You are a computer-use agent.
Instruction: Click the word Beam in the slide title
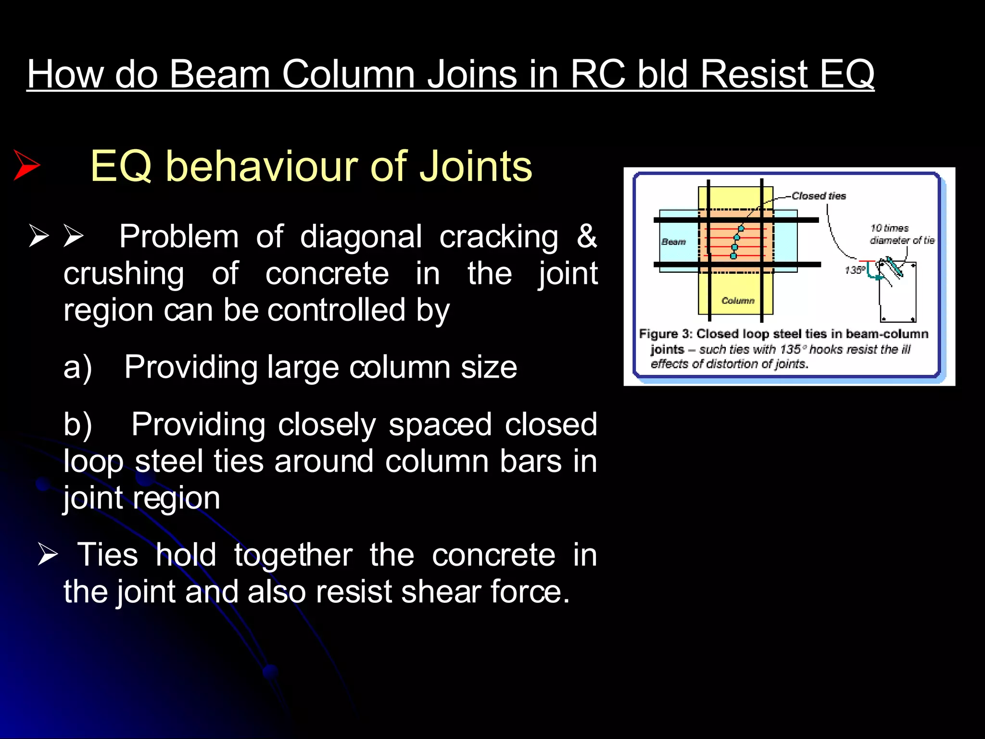click(x=219, y=75)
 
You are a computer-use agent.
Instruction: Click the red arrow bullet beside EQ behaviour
click(x=26, y=165)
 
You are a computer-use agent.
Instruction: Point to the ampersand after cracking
click(x=586, y=236)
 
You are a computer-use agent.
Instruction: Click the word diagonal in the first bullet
click(x=361, y=236)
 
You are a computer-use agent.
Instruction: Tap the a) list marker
click(x=77, y=367)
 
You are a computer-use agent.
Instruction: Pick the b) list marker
click(x=77, y=425)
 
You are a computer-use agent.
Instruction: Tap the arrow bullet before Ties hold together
click(x=48, y=554)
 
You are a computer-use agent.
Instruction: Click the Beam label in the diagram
click(x=673, y=242)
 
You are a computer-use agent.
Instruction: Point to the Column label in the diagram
click(x=738, y=301)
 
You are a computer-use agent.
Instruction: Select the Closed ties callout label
click(x=819, y=196)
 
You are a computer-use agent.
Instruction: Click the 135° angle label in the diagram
click(x=855, y=270)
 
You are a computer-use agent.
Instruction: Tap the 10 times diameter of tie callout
click(x=901, y=234)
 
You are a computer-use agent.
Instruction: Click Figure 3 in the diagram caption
click(x=665, y=334)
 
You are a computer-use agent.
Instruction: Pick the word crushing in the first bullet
click(x=124, y=273)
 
